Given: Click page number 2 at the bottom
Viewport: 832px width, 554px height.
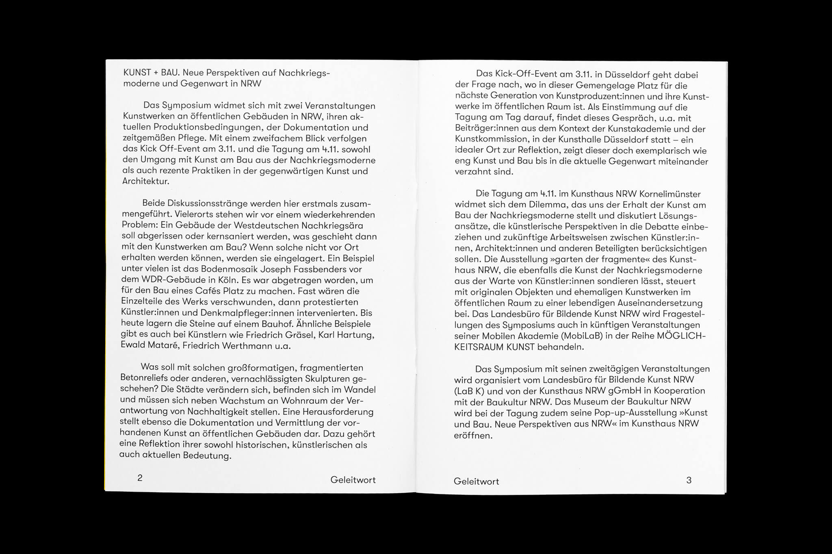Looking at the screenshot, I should click(140, 478).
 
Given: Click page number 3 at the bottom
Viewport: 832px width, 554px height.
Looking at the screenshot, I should click(689, 480).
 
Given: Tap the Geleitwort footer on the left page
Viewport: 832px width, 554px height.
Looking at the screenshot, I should click(353, 480).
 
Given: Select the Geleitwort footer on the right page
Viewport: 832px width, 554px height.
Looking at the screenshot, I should click(476, 482).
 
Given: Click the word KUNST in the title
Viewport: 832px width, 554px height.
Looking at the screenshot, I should click(136, 73).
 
